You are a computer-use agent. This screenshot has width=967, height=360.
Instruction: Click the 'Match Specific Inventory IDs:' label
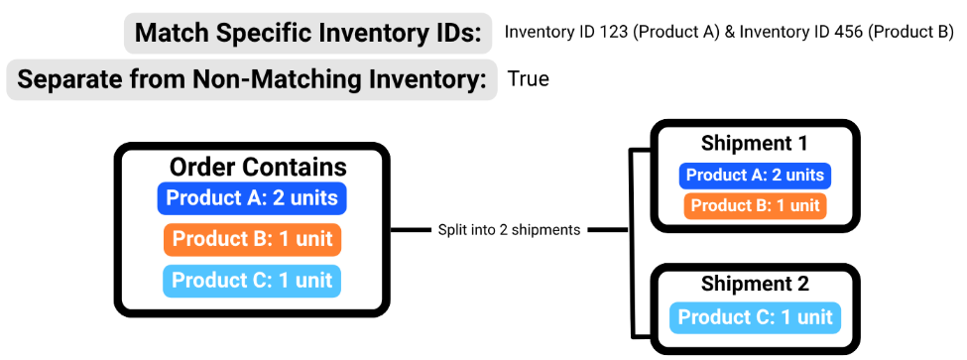click(x=307, y=34)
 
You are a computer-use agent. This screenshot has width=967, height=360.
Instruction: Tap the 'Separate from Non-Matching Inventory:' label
click(x=252, y=79)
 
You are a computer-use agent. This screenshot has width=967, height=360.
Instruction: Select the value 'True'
click(x=528, y=78)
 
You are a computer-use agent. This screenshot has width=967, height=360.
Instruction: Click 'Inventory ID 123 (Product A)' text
click(x=611, y=32)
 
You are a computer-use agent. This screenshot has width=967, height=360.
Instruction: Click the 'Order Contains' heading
click(x=258, y=167)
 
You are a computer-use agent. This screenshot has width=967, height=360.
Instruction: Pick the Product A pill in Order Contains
click(x=252, y=198)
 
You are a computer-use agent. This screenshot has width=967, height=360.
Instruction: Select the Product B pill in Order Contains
click(x=252, y=239)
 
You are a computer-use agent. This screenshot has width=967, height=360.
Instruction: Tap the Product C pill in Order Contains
click(x=252, y=280)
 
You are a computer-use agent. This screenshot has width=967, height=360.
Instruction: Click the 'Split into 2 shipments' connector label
click(x=509, y=230)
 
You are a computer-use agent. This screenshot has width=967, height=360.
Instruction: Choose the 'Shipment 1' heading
click(x=754, y=143)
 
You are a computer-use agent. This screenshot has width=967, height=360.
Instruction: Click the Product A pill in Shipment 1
click(x=755, y=176)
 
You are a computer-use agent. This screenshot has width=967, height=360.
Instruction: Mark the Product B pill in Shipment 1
click(x=755, y=206)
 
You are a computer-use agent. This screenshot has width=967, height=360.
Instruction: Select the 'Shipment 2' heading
click(x=754, y=285)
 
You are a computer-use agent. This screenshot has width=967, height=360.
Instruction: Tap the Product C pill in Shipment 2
click(x=755, y=317)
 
